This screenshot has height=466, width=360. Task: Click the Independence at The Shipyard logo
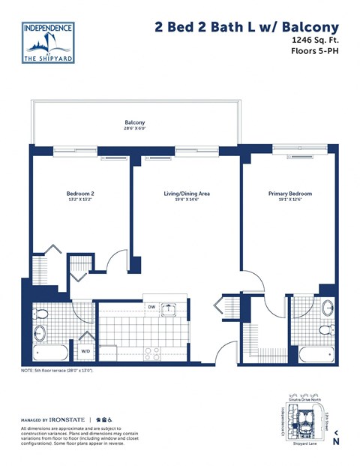49,44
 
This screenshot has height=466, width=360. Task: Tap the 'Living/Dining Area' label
187,194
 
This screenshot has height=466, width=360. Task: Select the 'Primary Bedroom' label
289,194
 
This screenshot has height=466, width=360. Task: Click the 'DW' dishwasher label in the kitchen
151,307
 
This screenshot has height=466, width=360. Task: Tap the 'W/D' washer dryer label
85,350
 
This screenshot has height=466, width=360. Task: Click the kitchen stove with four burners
152,353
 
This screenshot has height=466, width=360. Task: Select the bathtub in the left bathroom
50,353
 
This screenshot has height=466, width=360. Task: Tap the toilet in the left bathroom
43,313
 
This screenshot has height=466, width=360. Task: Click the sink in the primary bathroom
328,308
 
